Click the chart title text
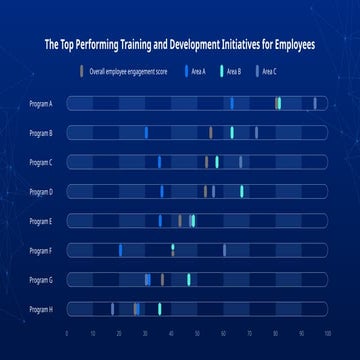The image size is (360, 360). point(180,45)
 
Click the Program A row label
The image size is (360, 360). point(41,103)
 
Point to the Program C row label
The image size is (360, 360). point(41,162)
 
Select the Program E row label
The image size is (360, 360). point(41,221)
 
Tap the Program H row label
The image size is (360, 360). point(41,309)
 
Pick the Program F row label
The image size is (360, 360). point(41,250)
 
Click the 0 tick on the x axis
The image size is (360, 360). point(67,332)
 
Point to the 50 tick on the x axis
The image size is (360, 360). point(197,332)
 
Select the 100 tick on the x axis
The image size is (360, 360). point(327,332)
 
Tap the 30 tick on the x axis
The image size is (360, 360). point(145,332)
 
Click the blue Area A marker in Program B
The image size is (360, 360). point(145,132)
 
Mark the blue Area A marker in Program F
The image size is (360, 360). point(120,250)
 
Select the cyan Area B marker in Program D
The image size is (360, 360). point(241,191)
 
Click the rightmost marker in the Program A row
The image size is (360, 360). point(314,103)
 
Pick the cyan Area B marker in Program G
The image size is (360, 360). point(188,280)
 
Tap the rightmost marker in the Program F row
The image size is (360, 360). point(224,250)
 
